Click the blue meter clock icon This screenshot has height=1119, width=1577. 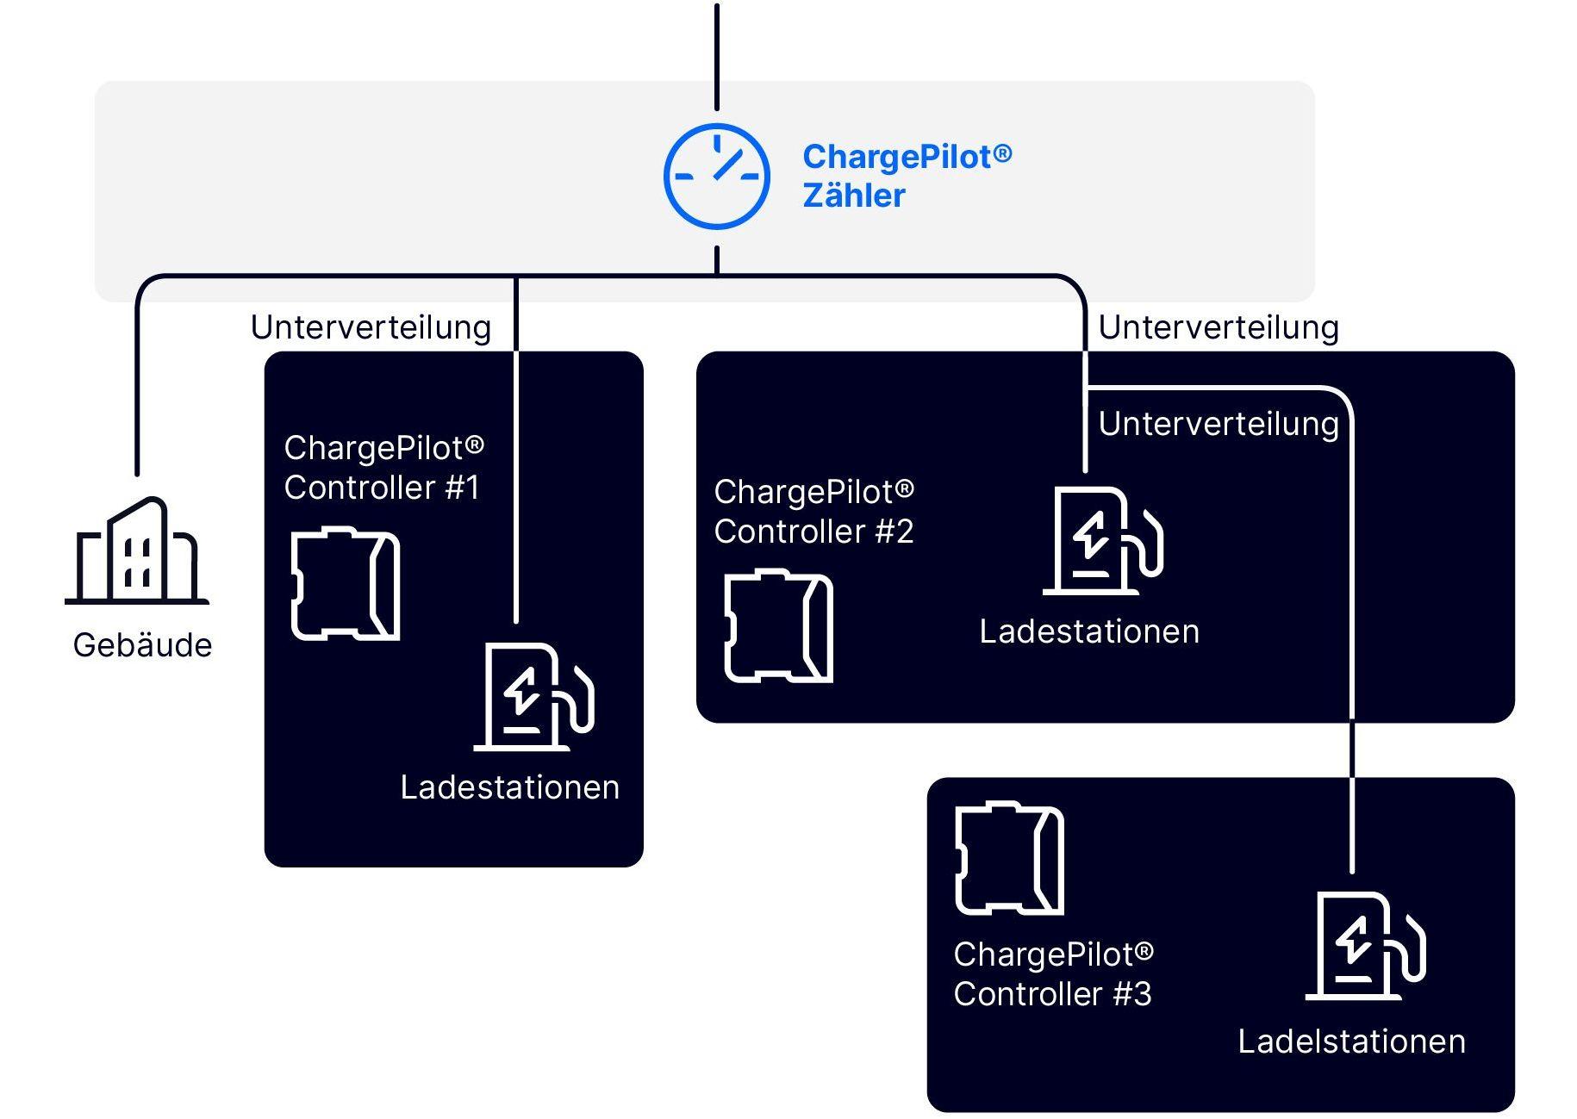click(716, 177)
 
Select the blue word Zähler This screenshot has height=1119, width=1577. click(853, 196)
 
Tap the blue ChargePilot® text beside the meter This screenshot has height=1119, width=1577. click(907, 157)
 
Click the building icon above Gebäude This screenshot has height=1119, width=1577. click(137, 551)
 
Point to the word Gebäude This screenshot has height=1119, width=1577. click(142, 645)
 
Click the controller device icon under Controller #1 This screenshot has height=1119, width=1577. click(346, 584)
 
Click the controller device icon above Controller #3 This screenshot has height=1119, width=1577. click(1009, 859)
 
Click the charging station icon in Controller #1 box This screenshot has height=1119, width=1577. click(534, 697)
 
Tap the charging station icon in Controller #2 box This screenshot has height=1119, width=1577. click(1103, 541)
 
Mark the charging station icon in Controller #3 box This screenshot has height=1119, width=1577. click(1366, 946)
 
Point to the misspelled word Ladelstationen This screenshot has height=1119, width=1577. click(1351, 1041)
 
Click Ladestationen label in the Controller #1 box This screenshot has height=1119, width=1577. click(509, 787)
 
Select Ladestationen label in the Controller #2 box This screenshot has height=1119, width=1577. click(1089, 631)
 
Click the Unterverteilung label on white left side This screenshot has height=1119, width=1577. click(371, 327)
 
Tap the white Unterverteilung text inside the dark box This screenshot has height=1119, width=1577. click(1219, 424)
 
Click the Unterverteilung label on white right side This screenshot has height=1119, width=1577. click(1219, 327)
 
